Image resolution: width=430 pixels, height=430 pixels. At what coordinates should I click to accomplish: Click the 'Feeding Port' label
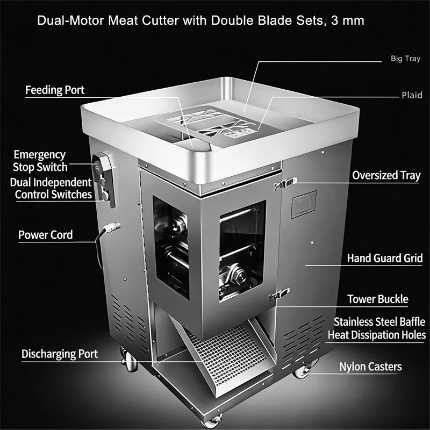pyautogui.click(x=55, y=90)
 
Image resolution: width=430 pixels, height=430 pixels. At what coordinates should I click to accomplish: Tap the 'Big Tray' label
pyautogui.click(x=405, y=59)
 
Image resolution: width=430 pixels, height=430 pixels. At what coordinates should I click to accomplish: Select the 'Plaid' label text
pyautogui.click(x=412, y=95)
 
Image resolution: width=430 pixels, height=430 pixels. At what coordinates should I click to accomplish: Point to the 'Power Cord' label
pyautogui.click(x=46, y=235)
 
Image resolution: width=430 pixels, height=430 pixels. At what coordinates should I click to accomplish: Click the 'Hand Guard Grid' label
pyautogui.click(x=385, y=259)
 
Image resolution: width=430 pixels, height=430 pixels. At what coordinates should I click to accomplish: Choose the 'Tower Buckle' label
pyautogui.click(x=378, y=299)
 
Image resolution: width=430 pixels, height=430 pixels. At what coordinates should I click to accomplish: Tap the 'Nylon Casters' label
pyautogui.click(x=370, y=367)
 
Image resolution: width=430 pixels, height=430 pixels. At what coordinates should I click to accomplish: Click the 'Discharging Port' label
pyautogui.click(x=60, y=354)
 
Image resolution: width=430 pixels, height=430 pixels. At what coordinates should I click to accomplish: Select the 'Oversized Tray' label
pyautogui.click(x=386, y=176)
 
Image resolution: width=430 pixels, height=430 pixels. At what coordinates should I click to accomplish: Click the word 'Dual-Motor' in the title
pyautogui.click(x=70, y=21)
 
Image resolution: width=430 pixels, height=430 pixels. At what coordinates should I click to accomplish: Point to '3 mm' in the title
pyautogui.click(x=347, y=21)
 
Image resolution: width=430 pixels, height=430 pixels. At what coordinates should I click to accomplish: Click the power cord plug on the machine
pyautogui.click(x=112, y=227)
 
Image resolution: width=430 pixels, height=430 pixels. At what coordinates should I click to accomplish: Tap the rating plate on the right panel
pyautogui.click(x=304, y=204)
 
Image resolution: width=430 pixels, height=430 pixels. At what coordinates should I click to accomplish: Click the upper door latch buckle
pyautogui.click(x=285, y=183)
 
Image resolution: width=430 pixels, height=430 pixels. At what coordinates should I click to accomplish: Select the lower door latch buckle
pyautogui.click(x=279, y=294)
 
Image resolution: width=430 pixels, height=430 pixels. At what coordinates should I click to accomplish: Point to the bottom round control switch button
pyautogui.click(x=105, y=196)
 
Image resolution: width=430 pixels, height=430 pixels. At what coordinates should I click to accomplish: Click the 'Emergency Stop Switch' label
pyautogui.click(x=40, y=161)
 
